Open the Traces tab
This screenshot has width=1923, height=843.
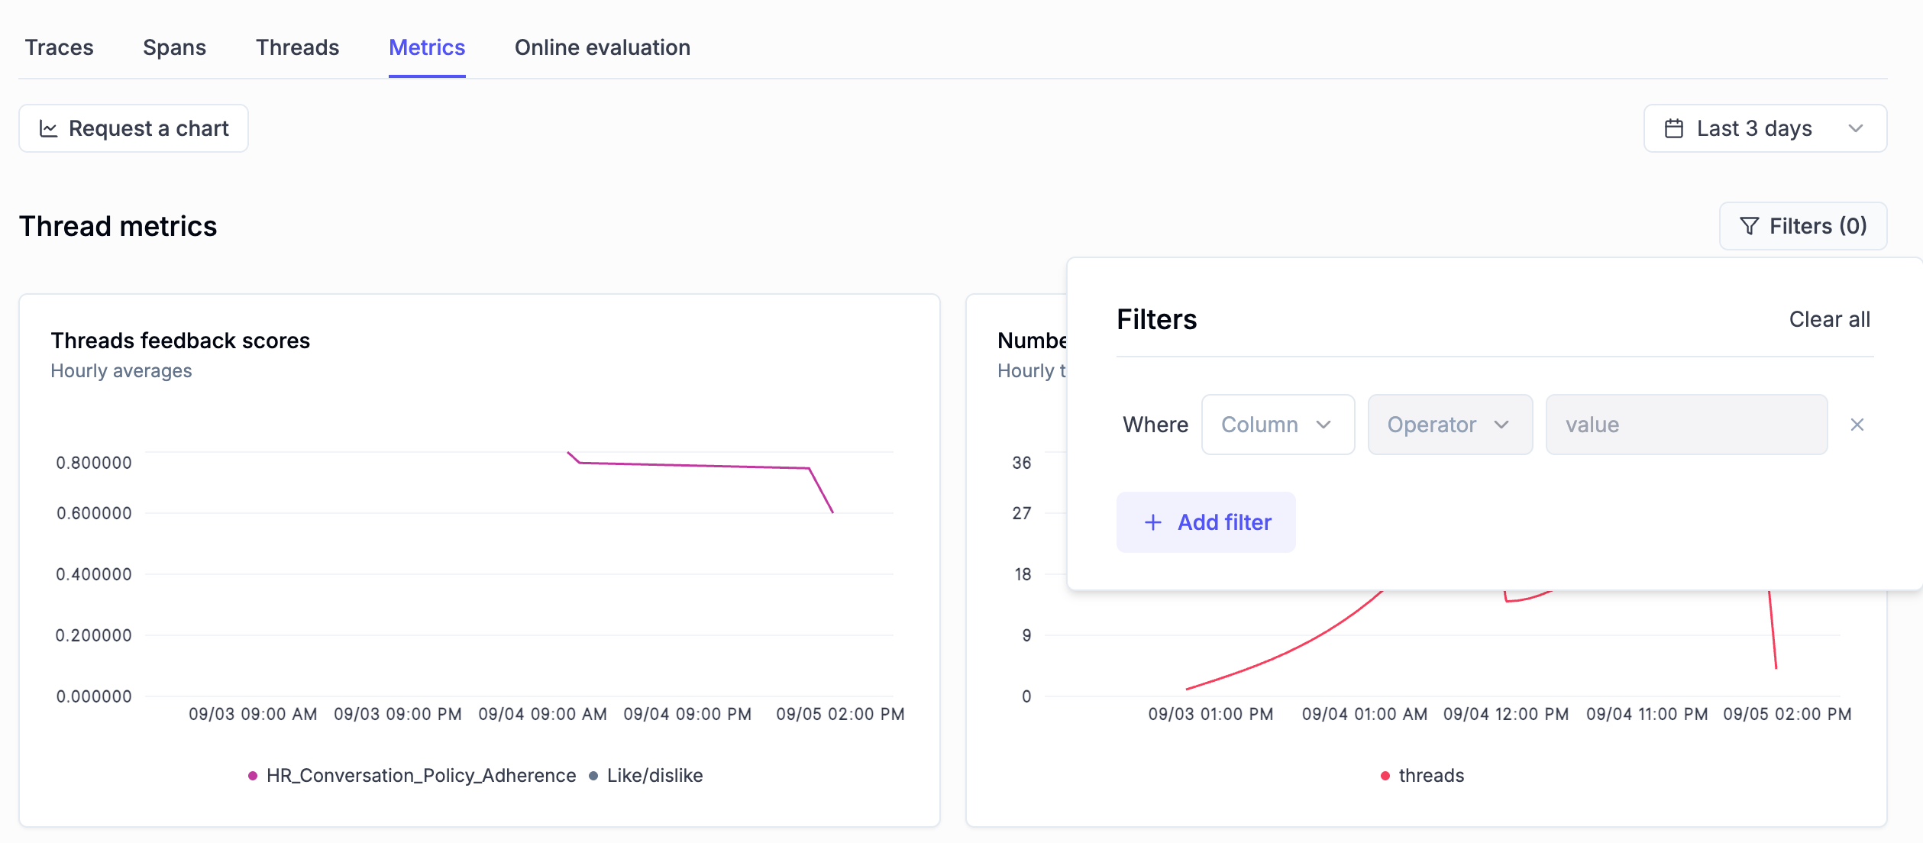59,47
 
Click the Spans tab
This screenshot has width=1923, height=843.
174,47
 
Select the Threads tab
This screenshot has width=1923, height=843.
297,47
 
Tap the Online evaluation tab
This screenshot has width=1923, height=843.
602,47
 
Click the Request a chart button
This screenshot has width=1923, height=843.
134,128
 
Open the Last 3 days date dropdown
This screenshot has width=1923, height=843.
1764,128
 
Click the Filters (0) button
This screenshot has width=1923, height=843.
1802,226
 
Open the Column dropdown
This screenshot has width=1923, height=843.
1278,425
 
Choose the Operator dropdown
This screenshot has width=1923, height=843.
1449,425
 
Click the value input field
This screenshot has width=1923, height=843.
1685,425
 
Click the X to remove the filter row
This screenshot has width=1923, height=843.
1857,425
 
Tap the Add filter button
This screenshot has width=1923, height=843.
1206,522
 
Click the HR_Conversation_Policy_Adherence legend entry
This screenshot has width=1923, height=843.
412,776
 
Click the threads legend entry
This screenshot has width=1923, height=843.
1422,776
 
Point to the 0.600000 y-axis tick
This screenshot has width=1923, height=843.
94,513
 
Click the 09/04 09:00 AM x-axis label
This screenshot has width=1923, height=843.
542,714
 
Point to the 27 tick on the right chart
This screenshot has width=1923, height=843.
1021,513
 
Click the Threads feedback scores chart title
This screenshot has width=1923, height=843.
180,341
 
